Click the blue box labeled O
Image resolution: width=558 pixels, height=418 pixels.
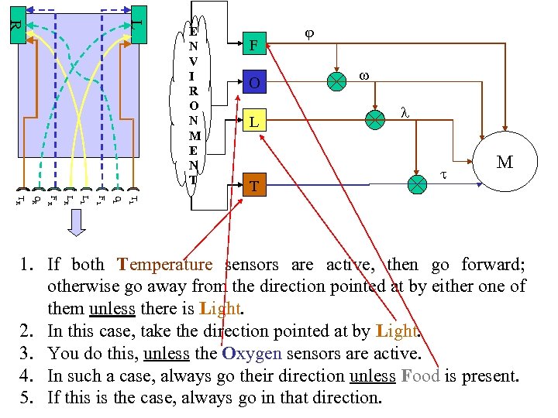point(254,83)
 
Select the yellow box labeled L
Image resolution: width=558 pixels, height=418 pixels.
point(254,120)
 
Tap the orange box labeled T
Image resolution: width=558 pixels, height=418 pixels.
point(254,186)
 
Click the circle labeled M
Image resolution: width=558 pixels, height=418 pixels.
point(505,163)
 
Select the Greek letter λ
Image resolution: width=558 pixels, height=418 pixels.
point(404,111)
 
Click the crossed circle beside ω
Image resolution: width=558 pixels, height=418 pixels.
point(336,81)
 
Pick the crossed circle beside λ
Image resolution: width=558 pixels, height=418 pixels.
point(375,119)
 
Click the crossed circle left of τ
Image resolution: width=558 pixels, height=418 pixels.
point(418,184)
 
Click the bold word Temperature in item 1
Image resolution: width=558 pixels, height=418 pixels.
point(164,265)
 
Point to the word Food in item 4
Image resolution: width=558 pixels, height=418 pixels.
point(420,376)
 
